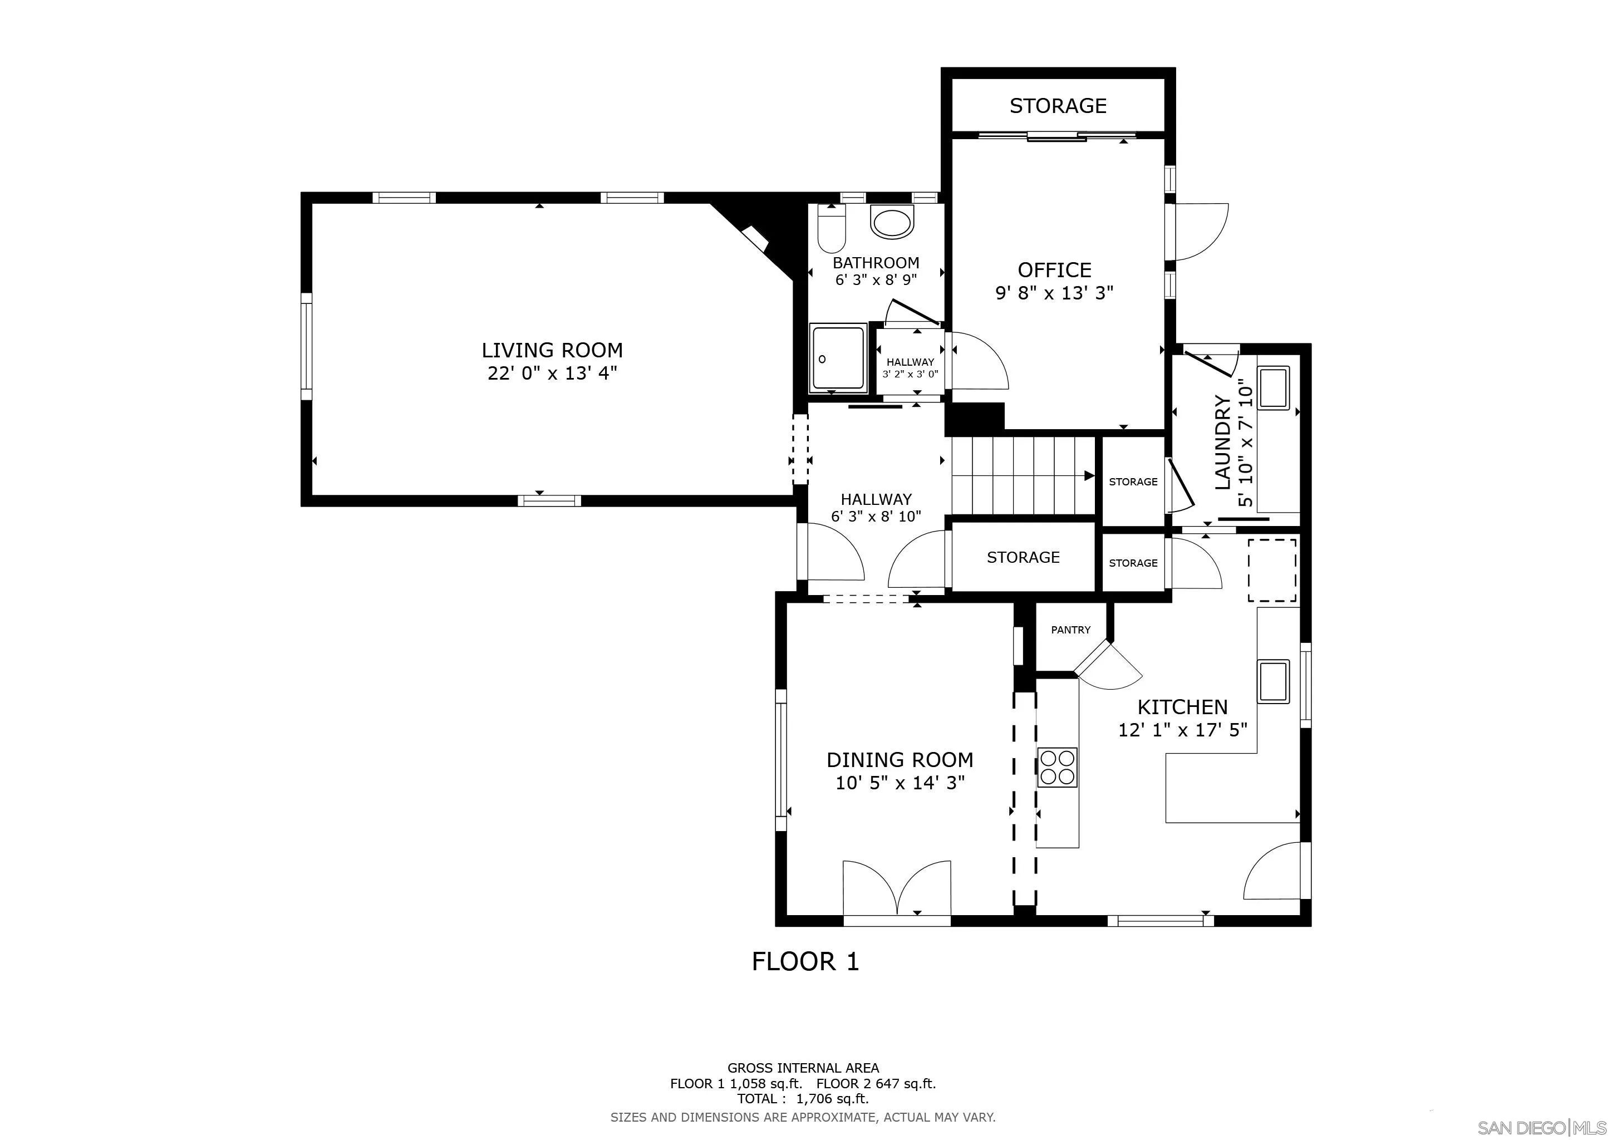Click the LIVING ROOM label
pyautogui.click(x=552, y=350)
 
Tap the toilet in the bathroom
pyautogui.click(x=831, y=229)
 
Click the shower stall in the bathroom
pyautogui.click(x=838, y=357)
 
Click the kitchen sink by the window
pyautogui.click(x=1273, y=681)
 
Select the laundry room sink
pyautogui.click(x=1273, y=387)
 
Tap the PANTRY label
pyautogui.click(x=1070, y=630)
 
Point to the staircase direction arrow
pyautogui.click(x=1088, y=476)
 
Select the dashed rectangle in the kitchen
pyautogui.click(x=1271, y=570)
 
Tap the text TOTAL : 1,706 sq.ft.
pyautogui.click(x=803, y=1099)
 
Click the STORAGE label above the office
pyautogui.click(x=1058, y=105)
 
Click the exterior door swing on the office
pyautogui.click(x=1201, y=232)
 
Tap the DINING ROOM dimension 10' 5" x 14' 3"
pyautogui.click(x=900, y=782)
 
